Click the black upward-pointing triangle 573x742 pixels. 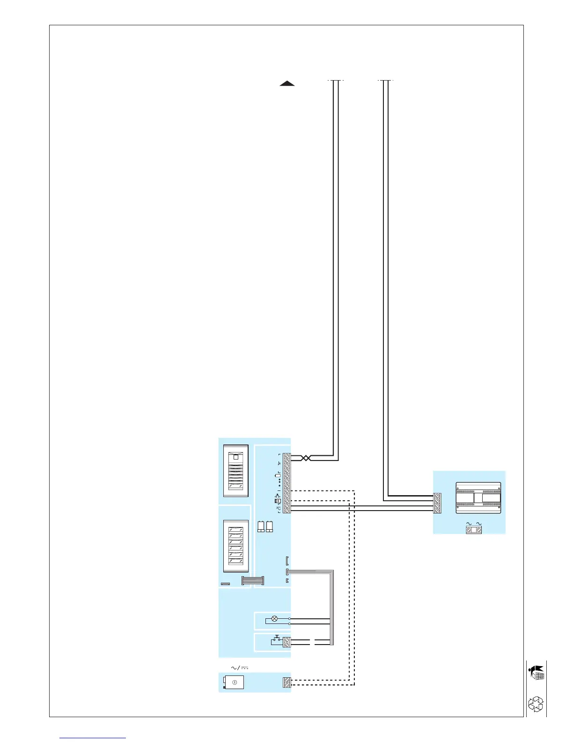[287, 84]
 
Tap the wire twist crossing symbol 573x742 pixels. [305, 458]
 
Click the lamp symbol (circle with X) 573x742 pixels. [275, 619]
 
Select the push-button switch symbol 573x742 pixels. [277, 638]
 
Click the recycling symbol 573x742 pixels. [536, 704]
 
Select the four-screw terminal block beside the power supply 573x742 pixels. [437, 503]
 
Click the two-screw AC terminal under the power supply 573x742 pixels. [474, 530]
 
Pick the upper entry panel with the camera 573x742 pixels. [236, 471]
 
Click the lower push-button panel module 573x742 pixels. [235, 547]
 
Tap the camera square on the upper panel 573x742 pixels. [235, 457]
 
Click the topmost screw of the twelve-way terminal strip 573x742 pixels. [287, 456]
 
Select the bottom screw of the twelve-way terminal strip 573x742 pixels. [287, 511]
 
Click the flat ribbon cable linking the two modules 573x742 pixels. [252, 581]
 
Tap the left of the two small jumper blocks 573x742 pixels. [261, 527]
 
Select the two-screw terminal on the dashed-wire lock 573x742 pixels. [287, 683]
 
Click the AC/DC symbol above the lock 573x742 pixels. [240, 668]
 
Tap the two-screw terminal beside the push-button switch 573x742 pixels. [286, 642]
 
